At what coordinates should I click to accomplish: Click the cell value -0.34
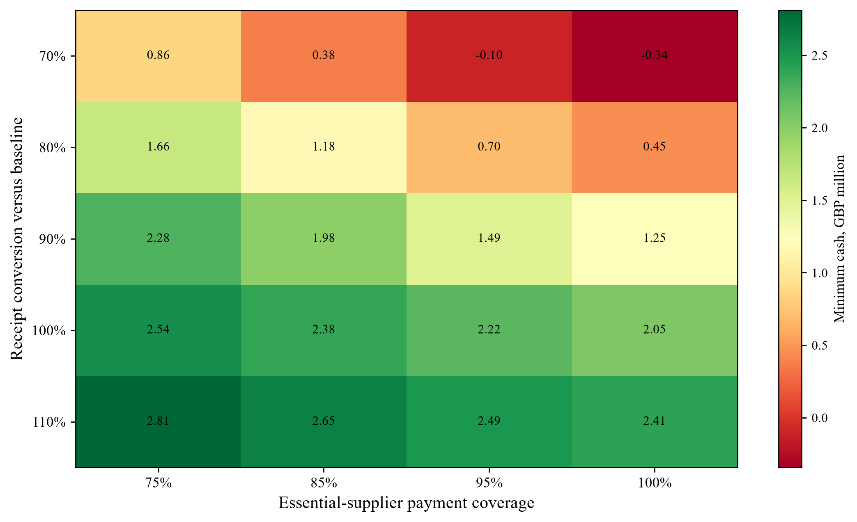click(x=655, y=55)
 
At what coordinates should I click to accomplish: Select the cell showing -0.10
click(x=489, y=55)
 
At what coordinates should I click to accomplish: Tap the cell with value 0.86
click(x=158, y=55)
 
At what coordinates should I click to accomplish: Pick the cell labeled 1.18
click(x=324, y=147)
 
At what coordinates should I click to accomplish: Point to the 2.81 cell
click(x=158, y=421)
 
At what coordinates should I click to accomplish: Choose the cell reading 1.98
click(x=324, y=238)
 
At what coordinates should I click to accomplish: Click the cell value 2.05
click(x=655, y=330)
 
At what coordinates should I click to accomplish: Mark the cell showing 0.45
click(x=655, y=147)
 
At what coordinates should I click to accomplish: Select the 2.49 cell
click(x=489, y=421)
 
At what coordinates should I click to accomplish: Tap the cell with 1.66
click(x=158, y=147)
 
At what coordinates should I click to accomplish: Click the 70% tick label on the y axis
click(x=53, y=56)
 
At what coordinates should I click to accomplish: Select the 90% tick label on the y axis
click(x=53, y=239)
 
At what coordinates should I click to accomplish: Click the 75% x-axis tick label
click(x=159, y=483)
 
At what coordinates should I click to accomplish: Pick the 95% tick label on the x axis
click(x=489, y=483)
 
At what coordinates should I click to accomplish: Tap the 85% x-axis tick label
click(x=324, y=483)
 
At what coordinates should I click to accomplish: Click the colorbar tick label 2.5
click(x=819, y=56)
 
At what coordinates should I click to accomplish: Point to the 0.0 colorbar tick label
click(x=819, y=418)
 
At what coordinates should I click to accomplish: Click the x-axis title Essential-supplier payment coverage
click(x=407, y=503)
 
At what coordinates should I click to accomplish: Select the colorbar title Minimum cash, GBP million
click(x=840, y=239)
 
